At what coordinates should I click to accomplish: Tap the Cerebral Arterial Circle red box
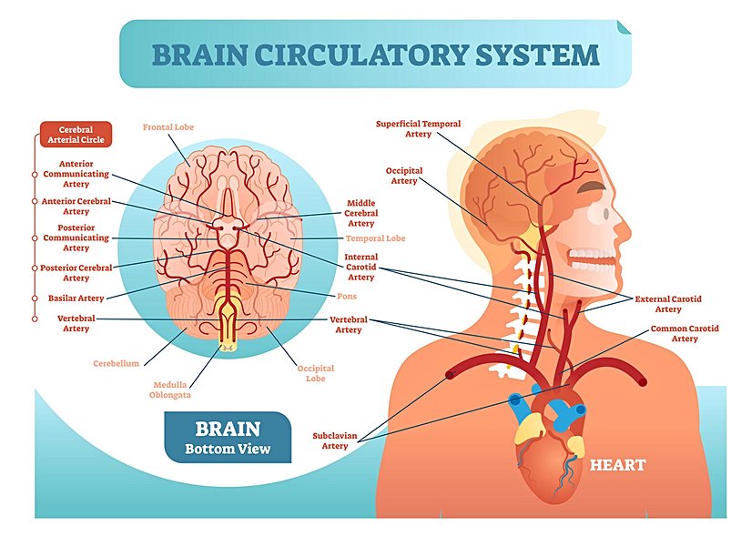(76, 135)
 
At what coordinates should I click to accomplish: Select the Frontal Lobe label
(167, 126)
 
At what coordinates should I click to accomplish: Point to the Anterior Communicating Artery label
(76, 173)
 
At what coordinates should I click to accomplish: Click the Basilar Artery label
(76, 298)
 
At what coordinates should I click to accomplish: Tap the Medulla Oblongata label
(170, 389)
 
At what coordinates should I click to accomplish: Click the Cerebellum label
(116, 363)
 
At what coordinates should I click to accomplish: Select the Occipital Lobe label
(316, 373)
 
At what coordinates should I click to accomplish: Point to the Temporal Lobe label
(375, 238)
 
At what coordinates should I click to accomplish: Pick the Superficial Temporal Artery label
(418, 128)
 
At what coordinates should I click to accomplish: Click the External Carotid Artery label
(668, 303)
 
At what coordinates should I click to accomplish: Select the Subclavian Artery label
(335, 440)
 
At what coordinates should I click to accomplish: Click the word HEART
(617, 465)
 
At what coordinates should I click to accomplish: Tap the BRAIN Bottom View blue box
(228, 437)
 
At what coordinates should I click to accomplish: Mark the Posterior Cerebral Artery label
(76, 272)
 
